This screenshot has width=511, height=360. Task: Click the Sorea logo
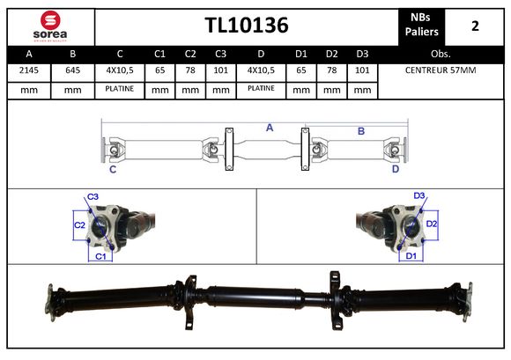[50, 26]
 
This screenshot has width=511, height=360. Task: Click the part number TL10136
[247, 25]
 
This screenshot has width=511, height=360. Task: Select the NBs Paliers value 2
[475, 26]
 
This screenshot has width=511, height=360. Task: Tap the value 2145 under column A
[29, 70]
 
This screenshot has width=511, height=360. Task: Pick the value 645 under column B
[72, 70]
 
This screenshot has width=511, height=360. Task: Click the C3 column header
[220, 54]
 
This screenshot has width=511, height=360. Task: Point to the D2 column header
[332, 54]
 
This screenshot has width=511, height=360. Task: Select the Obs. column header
[441, 54]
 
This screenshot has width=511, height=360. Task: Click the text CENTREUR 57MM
[441, 70]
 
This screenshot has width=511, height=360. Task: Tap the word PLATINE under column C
[120, 89]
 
